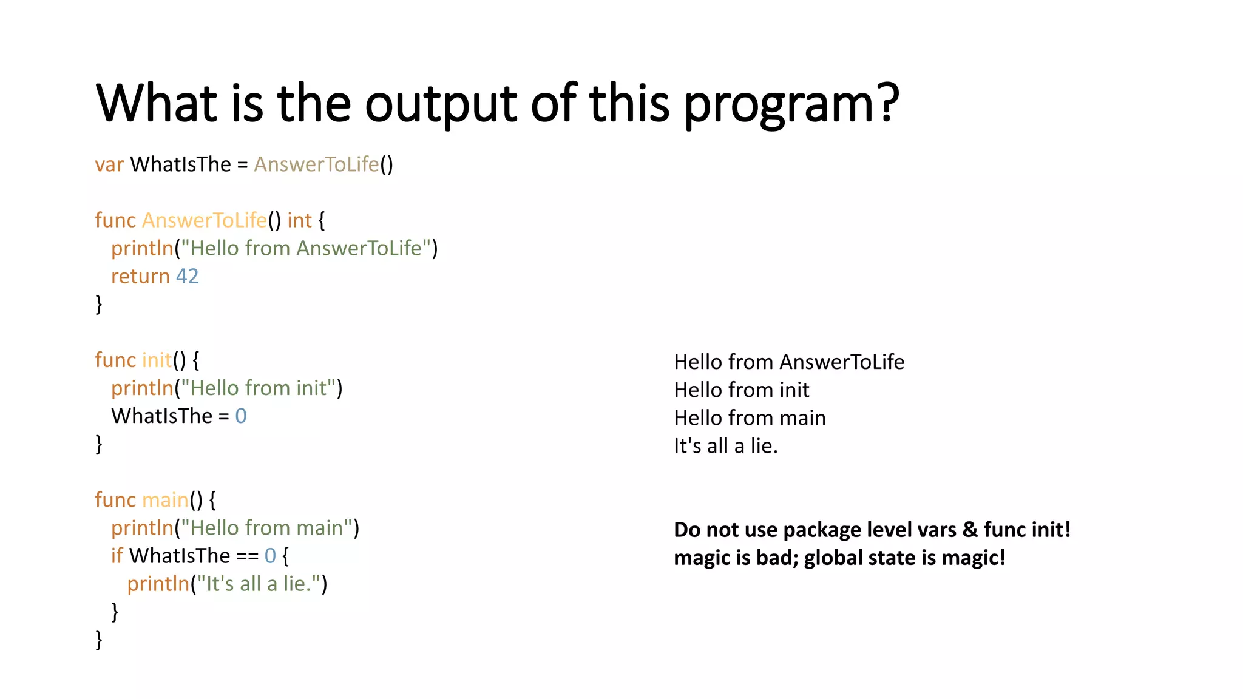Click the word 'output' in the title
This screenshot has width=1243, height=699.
point(441,103)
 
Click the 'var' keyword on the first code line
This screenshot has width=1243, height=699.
point(109,164)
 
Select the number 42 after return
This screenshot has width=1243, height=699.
point(187,276)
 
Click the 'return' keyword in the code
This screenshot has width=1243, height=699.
point(140,276)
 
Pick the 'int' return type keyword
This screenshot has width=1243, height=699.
point(299,220)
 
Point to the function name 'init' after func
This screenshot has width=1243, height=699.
point(157,360)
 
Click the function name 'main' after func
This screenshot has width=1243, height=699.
point(165,500)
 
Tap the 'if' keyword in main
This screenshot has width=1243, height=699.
point(117,556)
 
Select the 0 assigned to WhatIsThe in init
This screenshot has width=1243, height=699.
point(241,416)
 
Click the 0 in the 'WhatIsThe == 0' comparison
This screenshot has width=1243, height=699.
point(270,556)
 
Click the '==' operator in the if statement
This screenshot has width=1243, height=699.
point(247,556)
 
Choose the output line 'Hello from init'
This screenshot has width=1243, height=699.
point(741,390)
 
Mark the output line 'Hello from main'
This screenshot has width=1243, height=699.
point(750,418)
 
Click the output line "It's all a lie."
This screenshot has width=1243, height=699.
point(725,446)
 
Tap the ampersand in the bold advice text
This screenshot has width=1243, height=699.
point(970,530)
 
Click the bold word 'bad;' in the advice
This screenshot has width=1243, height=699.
point(777,558)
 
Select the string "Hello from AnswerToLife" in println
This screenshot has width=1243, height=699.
point(306,248)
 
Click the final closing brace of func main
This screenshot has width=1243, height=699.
point(99,640)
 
